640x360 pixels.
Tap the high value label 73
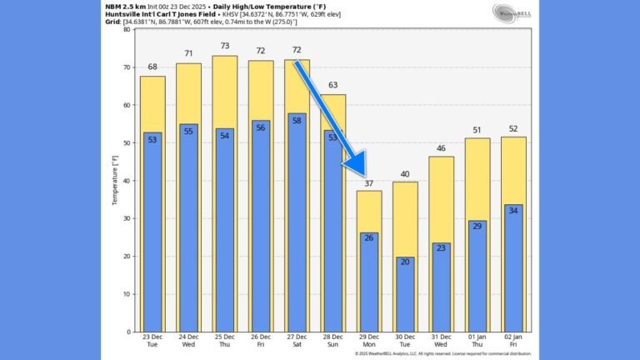225,46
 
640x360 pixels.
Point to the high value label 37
368,182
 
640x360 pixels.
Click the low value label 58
297,120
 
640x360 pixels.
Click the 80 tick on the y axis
127,29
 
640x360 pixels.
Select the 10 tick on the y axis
127,294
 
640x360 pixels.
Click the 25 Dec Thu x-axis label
225,342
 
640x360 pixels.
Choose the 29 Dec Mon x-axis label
368,342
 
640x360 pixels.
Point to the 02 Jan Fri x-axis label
512,342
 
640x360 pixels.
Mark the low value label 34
512,209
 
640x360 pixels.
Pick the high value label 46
441,148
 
